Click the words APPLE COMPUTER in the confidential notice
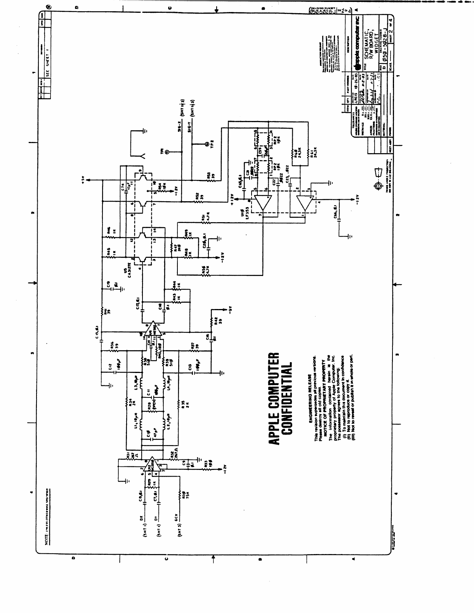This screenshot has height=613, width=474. coord(274,399)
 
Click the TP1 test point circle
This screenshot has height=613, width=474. coord(167,152)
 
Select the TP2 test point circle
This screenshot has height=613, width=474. coord(206,145)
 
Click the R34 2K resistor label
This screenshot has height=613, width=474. coord(133,403)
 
